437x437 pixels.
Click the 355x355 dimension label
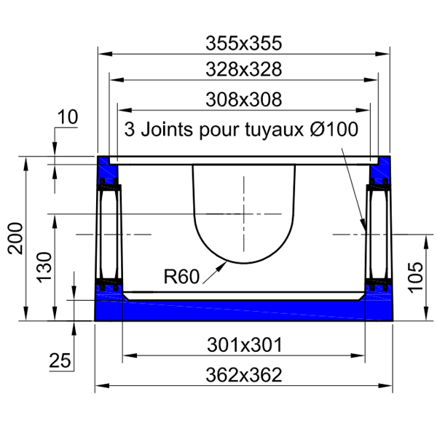[243, 43]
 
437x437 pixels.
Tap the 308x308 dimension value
[243, 98]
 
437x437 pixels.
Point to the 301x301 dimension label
[243, 344]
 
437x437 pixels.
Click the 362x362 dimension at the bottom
[243, 376]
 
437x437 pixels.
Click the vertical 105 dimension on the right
[415, 277]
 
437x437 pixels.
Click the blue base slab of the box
[243, 309]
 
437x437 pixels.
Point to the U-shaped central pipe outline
[243, 219]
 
